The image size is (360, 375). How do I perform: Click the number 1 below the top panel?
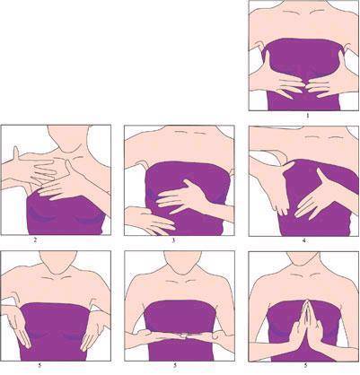pos(307,116)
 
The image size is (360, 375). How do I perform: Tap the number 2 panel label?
pos(35,240)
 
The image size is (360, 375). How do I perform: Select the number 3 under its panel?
pos(174,240)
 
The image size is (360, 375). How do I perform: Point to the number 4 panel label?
pos(304,240)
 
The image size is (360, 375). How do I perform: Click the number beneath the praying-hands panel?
pos(305,365)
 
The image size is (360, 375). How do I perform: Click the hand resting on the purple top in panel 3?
pos(181,196)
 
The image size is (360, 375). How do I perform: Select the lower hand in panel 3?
pos(149,221)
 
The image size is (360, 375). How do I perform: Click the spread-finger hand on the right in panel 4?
pos(316,197)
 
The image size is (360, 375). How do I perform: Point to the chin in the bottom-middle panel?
pos(180,271)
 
